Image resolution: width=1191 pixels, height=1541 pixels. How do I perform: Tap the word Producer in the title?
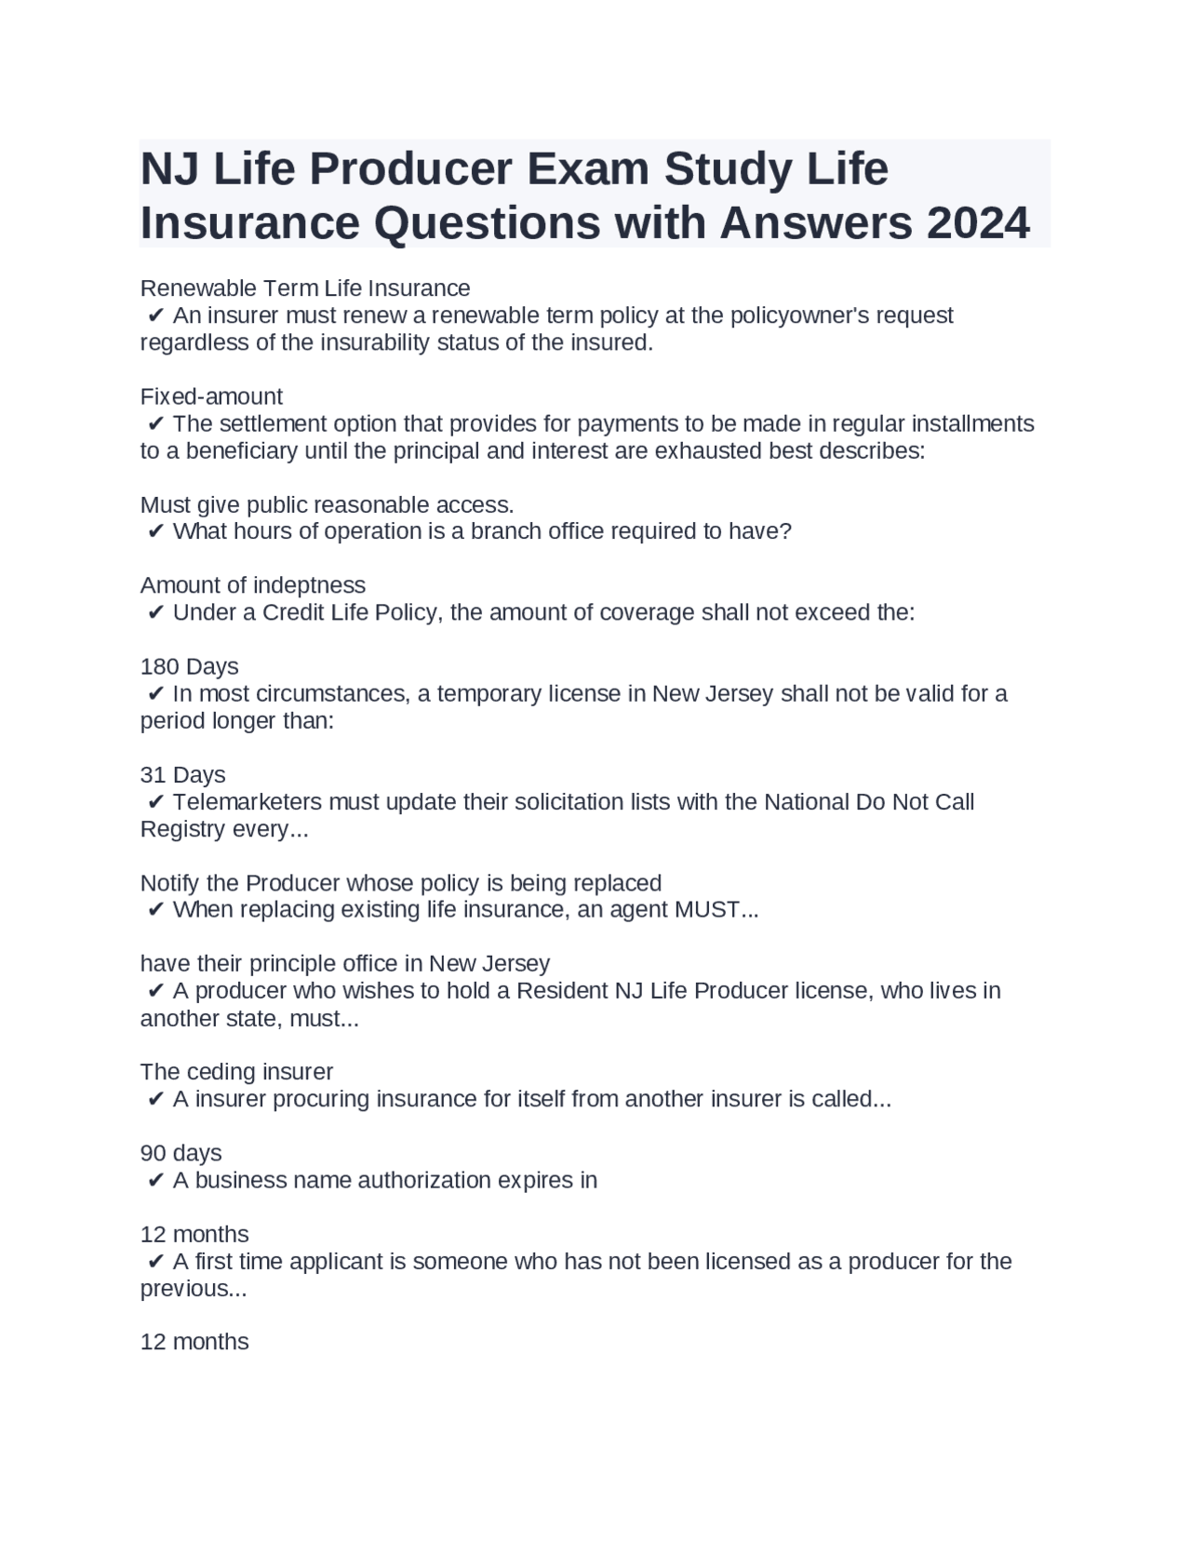tap(411, 168)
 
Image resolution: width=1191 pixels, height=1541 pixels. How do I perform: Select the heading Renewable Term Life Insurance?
tap(305, 288)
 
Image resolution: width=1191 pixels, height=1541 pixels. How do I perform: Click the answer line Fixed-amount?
tap(211, 396)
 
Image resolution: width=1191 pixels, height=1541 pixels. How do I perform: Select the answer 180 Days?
tap(189, 666)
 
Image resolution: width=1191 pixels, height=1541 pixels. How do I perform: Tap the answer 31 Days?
tap(182, 774)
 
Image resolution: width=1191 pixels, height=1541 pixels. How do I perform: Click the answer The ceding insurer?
tap(236, 1072)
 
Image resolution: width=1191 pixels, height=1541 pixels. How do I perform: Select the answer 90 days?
tap(181, 1153)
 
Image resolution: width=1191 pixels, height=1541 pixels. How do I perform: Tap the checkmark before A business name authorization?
tap(155, 1180)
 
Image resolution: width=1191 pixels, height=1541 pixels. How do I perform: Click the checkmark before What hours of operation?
tap(155, 531)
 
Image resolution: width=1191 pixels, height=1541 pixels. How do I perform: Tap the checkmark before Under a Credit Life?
tap(155, 612)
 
